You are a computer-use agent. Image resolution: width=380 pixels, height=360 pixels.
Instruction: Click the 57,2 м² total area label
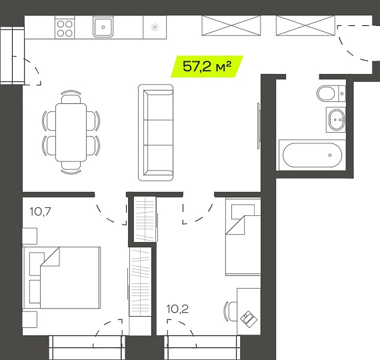pos(207,67)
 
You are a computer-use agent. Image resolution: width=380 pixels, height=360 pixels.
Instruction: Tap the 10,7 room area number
pos(40,211)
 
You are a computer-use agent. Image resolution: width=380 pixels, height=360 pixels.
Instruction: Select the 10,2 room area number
pos(177,309)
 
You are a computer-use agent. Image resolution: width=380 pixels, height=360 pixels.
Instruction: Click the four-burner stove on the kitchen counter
pos(65,28)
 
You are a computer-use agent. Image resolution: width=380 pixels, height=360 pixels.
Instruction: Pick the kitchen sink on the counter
pos(103,27)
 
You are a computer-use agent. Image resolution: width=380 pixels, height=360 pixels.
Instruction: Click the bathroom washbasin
pos(336,119)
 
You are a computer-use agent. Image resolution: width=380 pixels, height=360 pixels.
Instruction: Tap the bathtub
pos(312,155)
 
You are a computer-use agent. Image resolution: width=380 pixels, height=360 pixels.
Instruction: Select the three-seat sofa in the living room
pos(155,133)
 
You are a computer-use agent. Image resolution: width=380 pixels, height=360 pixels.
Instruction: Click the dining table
pos(71,133)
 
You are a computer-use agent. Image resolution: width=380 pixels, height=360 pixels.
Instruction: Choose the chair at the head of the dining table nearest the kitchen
pos(71,97)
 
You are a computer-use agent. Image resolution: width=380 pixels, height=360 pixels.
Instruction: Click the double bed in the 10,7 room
pos(61,278)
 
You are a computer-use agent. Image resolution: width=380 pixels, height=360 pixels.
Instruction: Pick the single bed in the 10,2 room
pos(243,237)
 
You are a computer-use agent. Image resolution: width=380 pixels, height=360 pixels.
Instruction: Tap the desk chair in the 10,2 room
pos(231,311)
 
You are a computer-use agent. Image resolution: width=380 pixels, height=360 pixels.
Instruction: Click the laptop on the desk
pos(249,319)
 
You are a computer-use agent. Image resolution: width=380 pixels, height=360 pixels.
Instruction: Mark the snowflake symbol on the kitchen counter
pos(155,27)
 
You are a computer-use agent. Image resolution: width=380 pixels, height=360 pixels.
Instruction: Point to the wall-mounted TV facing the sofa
pos(259,126)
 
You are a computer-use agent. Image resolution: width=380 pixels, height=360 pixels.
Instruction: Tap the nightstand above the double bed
pos(29,236)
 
